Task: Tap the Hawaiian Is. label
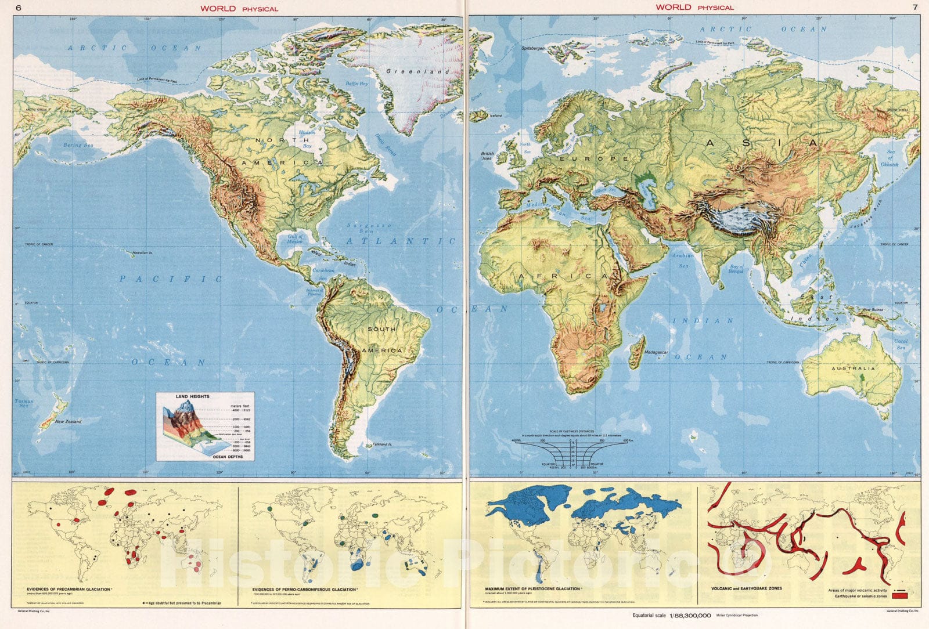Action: pyautogui.click(x=142, y=253)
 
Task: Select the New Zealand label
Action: pyautogui.click(x=68, y=421)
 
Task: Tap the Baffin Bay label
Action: pyautogui.click(x=357, y=84)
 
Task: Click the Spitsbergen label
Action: pyautogui.click(x=533, y=48)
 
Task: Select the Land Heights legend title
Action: pyautogui.click(x=193, y=396)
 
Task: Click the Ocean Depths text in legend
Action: pyautogui.click(x=225, y=457)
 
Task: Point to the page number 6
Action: pyautogui.click(x=19, y=8)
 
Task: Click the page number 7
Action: pyautogui.click(x=914, y=8)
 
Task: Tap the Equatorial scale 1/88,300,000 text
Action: pyautogui.click(x=674, y=614)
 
